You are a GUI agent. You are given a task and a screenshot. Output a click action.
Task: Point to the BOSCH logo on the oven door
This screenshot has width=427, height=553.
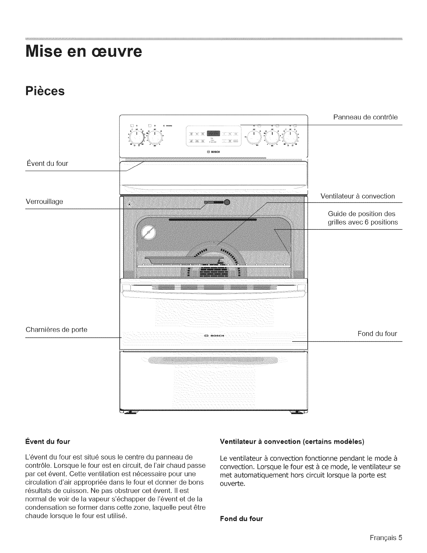[x=213, y=336]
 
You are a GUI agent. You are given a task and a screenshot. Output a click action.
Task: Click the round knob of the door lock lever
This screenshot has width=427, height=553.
[x=227, y=202]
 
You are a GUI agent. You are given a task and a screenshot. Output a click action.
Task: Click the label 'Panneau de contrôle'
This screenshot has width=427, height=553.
[x=365, y=117]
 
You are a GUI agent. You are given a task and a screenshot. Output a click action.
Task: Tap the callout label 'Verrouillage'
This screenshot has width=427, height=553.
[x=44, y=202]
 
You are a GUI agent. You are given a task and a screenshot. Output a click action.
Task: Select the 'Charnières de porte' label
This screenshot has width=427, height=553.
[x=57, y=330]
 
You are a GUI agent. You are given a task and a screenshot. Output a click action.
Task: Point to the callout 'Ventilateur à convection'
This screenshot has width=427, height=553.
[x=358, y=196]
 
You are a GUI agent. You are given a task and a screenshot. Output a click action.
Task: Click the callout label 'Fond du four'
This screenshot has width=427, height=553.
[x=377, y=334]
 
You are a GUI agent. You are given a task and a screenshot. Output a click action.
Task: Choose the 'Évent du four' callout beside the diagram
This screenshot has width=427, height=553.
[x=47, y=163]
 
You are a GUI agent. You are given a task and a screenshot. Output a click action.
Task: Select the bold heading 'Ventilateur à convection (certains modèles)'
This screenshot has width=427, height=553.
[x=292, y=442]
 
